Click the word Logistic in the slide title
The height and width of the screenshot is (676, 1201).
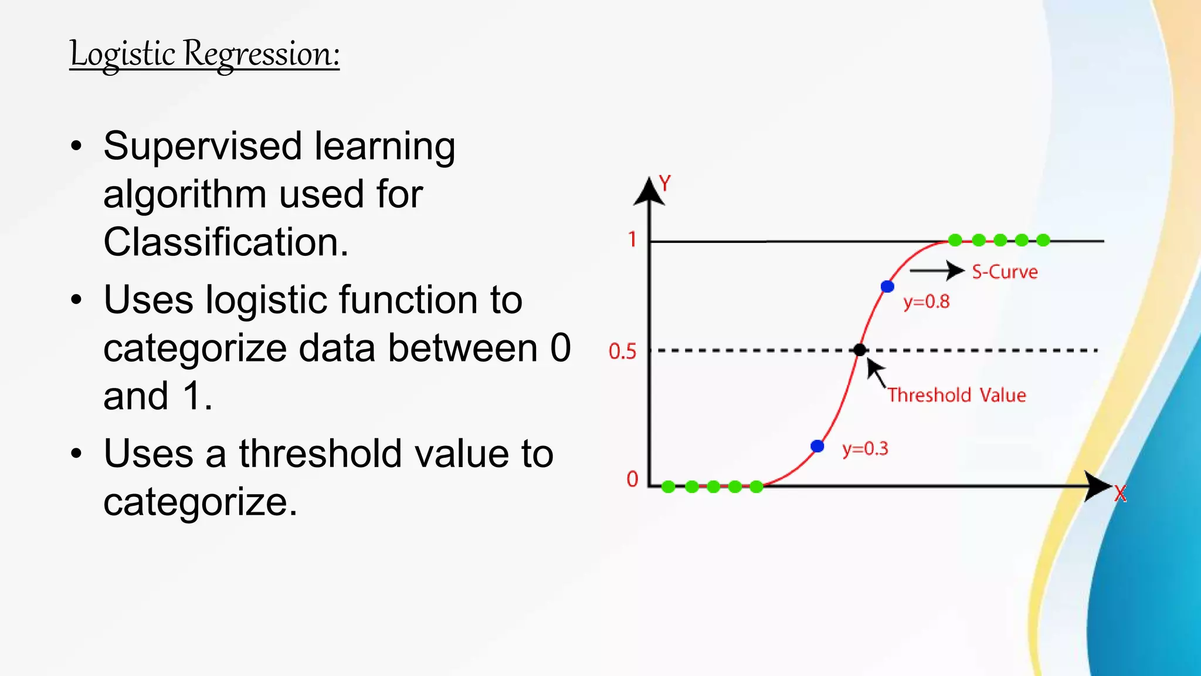tap(123, 54)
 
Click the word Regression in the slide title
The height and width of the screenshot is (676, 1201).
tap(262, 54)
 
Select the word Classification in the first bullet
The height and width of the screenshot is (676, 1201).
tap(226, 242)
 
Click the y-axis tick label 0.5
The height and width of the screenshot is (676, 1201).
tap(622, 351)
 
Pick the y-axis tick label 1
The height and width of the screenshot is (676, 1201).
tap(632, 239)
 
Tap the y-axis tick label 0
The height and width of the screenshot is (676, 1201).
tap(632, 479)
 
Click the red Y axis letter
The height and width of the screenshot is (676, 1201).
tap(664, 184)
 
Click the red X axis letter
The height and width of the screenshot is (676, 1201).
tap(1120, 494)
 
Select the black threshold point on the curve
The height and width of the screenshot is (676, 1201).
tap(860, 350)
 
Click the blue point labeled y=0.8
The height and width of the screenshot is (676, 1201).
tap(887, 286)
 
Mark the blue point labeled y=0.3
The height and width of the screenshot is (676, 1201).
tap(817, 447)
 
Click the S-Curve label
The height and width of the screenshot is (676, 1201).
tap(1005, 272)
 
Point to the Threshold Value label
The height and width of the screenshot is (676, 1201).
tap(956, 395)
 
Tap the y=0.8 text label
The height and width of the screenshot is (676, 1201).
tap(926, 302)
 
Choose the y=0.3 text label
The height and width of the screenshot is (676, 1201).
tap(865, 449)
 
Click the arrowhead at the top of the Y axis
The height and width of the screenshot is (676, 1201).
tap(649, 192)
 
